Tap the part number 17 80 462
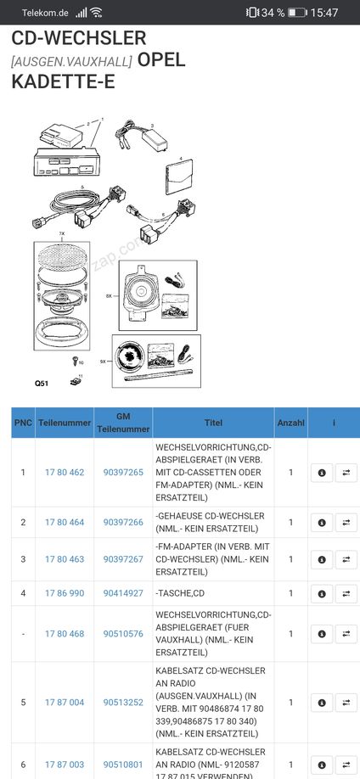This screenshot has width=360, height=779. coord(65,473)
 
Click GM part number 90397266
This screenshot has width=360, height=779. coord(123,522)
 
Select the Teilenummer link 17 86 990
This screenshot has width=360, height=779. coord(65,593)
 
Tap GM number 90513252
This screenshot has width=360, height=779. coord(123,703)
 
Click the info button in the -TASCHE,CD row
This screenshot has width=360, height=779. coord(322,593)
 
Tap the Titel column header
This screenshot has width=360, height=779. coord(213,423)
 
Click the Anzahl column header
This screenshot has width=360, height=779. coord(291,423)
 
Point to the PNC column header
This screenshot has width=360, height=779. coord(24,423)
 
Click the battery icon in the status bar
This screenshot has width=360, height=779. coord(297,13)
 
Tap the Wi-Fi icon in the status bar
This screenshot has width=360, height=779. coord(96,13)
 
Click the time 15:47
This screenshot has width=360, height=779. coord(324,13)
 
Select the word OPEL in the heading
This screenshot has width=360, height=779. coord(161,59)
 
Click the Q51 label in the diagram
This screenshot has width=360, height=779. coord(42,383)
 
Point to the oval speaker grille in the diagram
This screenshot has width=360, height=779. coord(62,256)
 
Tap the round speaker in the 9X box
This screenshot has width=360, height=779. coord(130,357)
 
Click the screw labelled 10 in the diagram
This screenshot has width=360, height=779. coord(75,361)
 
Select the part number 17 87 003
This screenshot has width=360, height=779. coord(65,765)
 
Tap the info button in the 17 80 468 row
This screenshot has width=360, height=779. coord(322,634)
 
